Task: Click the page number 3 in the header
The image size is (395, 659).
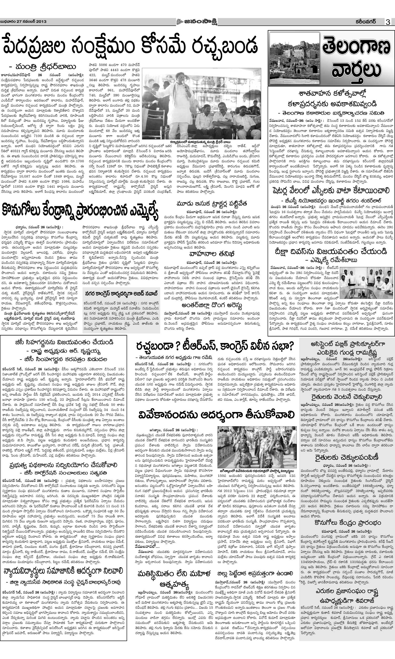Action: pos(388,22)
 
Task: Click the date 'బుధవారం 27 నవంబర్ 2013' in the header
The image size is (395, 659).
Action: pos(23,22)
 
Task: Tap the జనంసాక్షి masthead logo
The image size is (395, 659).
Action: pos(196,22)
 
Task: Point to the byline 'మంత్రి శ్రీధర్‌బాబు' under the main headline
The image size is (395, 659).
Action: pos(43,67)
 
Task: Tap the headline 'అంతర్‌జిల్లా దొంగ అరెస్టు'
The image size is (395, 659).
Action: pos(212,305)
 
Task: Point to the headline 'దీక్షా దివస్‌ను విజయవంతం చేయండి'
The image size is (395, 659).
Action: pos(331,251)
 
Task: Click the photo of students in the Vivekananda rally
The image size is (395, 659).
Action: pos(257,450)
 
